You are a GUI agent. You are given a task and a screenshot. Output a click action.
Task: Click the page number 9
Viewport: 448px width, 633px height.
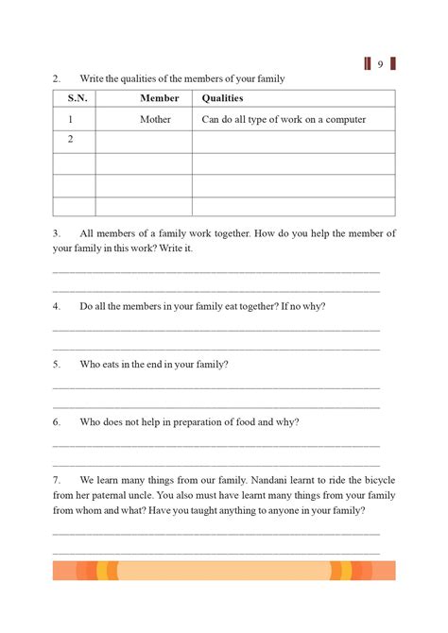[x=379, y=64]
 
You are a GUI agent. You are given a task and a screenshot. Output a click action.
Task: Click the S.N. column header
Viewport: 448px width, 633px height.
[x=76, y=98]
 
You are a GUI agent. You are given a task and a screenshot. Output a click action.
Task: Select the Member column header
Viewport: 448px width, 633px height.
[x=159, y=98]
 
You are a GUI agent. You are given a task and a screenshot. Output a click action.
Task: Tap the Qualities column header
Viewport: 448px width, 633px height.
[x=222, y=98]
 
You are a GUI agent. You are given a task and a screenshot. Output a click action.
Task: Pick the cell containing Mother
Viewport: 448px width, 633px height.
[x=156, y=119]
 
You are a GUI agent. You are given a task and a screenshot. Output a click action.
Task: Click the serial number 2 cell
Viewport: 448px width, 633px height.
[x=70, y=140]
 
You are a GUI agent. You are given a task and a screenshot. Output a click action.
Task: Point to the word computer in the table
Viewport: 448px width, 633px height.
[x=343, y=119]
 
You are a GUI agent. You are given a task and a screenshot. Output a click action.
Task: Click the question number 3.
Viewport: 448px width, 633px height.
[x=57, y=232]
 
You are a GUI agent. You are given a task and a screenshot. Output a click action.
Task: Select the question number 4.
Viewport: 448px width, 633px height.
[x=57, y=306]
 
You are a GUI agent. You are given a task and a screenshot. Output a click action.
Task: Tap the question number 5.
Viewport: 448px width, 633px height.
[x=57, y=364]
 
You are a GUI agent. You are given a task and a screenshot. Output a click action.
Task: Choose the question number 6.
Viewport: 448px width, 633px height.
[x=57, y=421]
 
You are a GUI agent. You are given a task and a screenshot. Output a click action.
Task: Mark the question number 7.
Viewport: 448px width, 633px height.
[x=57, y=479]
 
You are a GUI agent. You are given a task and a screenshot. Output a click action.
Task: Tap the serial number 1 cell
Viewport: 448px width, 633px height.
[x=70, y=119]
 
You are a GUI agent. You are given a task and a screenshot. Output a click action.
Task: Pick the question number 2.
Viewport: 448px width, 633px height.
[x=57, y=78]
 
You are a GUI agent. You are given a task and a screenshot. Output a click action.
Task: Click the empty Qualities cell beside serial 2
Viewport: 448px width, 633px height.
[x=293, y=141]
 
